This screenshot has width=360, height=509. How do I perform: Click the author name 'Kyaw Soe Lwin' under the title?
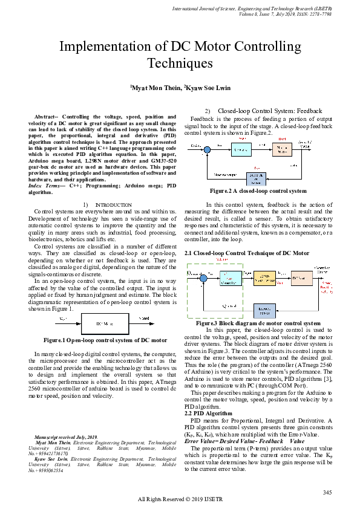tap(205, 88)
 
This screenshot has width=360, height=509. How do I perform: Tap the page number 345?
tap(327, 493)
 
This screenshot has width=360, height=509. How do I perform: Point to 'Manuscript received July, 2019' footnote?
tap(66, 436)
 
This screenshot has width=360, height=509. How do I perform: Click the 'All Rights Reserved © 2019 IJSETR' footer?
tap(180, 499)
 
